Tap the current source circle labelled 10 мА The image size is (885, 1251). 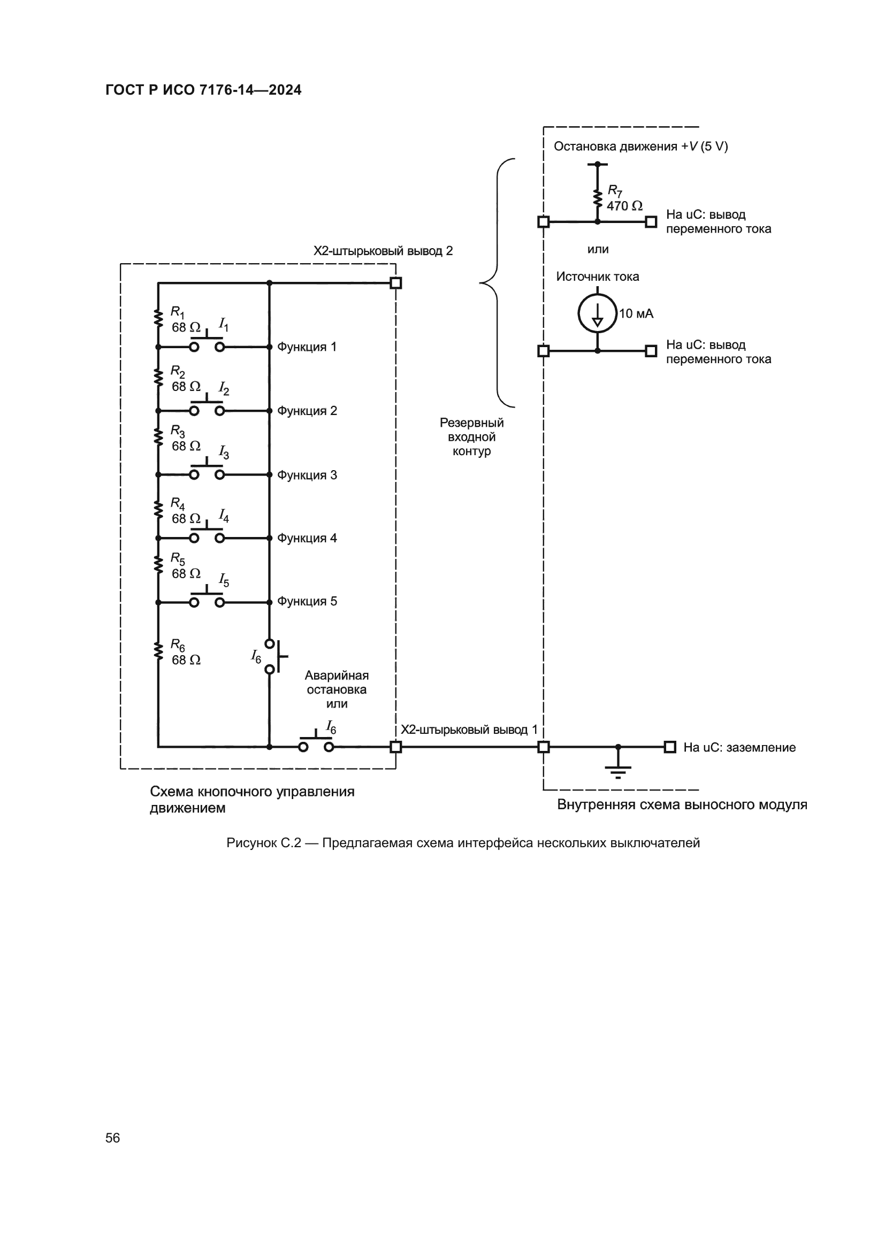pos(597,313)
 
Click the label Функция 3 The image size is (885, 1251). pos(307,475)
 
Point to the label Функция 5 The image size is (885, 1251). pos(307,602)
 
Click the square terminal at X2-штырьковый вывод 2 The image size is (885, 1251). pos(396,283)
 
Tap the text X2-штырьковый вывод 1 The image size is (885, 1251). pos(469,730)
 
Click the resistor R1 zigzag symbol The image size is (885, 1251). pos(158,318)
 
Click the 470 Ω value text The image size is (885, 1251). pos(624,206)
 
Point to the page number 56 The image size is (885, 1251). pos(113,1138)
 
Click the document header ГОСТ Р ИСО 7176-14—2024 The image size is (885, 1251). pos(203,90)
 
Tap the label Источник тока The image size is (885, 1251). pos(597,277)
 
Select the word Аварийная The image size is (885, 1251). pos(336,676)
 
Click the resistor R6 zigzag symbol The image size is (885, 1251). pos(158,650)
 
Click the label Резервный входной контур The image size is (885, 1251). pos(471,437)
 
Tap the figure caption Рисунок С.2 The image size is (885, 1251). pos(463,843)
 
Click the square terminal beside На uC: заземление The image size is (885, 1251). pos(670,747)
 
